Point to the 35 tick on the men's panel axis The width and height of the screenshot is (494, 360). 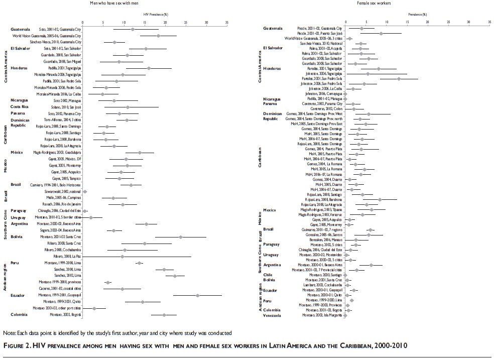click(227, 23)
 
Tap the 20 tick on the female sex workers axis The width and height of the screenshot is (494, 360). click(427, 23)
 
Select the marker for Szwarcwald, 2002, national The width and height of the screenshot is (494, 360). click(85, 192)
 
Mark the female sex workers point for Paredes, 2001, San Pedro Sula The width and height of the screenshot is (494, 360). click(399, 78)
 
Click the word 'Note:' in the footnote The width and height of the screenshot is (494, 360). click(9, 333)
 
